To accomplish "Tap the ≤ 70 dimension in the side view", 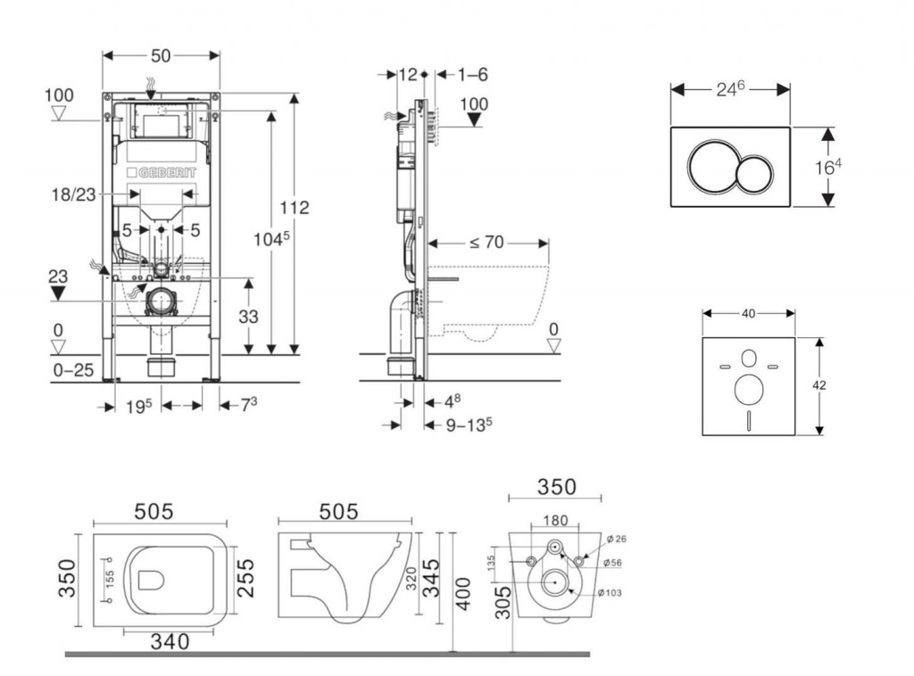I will (488, 242).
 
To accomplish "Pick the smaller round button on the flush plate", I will (755, 167).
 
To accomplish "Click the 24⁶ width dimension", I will (730, 89).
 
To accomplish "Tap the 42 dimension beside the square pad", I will (819, 385).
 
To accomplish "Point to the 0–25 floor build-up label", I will (73, 370).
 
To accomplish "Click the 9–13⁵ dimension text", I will (469, 425).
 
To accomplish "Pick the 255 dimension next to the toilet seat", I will (246, 579).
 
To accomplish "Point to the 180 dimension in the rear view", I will (554, 521).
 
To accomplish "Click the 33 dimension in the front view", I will (249, 316).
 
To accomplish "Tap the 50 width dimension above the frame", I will (161, 55).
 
